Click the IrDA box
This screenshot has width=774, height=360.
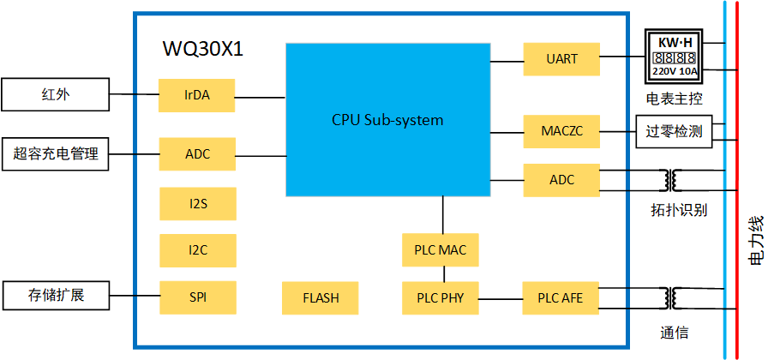[x=196, y=95]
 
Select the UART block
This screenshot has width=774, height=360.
[x=561, y=59]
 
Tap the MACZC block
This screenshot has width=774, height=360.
[x=561, y=131]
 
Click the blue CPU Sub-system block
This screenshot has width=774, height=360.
[x=387, y=120]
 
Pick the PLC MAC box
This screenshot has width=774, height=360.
[x=441, y=250]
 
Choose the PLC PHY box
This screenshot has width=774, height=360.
[x=441, y=297]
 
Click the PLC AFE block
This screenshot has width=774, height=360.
[x=561, y=297]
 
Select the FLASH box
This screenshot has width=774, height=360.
[x=321, y=297]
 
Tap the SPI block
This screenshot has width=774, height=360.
[x=197, y=297]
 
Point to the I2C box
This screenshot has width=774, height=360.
[x=197, y=250]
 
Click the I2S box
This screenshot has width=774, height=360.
[x=197, y=204]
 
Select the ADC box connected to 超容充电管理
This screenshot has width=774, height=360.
[x=197, y=154]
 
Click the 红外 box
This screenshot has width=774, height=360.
[x=56, y=94]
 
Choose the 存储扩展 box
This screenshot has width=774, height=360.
[x=56, y=296]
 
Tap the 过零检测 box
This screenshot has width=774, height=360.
[x=674, y=131]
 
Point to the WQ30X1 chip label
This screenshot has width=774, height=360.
[x=203, y=49]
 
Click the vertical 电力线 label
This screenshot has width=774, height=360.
[x=756, y=240]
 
